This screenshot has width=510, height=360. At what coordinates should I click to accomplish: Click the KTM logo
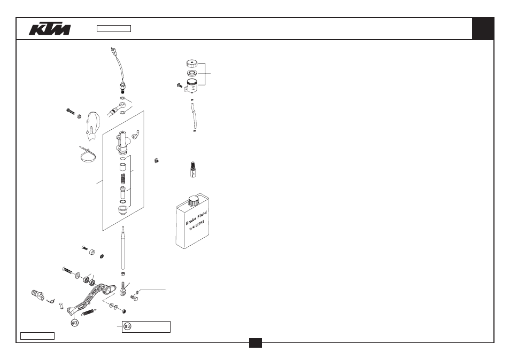coord(50,29)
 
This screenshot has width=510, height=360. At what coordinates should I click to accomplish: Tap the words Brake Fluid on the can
coord(196,218)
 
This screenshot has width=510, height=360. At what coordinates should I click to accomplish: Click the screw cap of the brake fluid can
coord(193,200)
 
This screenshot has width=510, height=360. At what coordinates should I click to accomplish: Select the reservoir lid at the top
coord(192,63)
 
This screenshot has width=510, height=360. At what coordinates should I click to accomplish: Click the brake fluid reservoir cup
coord(192,85)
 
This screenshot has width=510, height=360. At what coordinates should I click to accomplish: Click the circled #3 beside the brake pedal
coord(74,323)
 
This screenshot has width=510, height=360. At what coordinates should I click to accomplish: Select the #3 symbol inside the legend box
coord(127,326)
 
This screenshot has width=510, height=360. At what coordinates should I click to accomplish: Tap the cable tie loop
coord(88,155)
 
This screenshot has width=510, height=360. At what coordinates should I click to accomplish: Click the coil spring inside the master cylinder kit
coord(123,179)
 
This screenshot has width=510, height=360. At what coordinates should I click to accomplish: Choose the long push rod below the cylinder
coord(123,248)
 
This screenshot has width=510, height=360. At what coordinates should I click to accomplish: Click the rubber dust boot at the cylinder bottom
coord(123,211)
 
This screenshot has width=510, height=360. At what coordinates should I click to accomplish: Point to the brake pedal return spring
coord(88,312)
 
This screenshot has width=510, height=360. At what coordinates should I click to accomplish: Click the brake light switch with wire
coord(118,69)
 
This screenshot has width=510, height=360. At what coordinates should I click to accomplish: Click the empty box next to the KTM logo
coord(114,29)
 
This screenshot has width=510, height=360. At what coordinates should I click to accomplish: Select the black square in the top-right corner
coord(483,29)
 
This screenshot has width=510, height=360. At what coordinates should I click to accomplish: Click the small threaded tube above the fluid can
coord(193,169)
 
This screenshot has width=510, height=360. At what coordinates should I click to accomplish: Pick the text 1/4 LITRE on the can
coord(197,225)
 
